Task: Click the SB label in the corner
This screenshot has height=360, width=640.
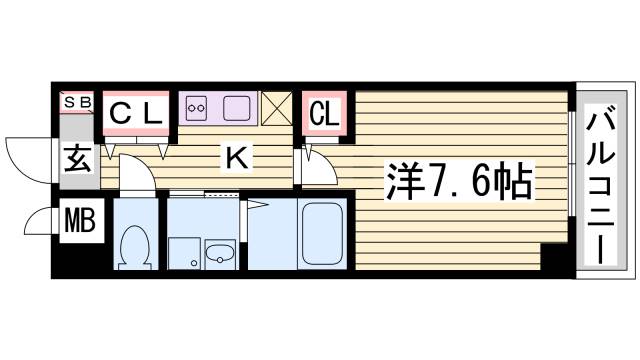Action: click(x=78, y=101)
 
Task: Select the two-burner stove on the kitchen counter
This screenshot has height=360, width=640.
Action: click(x=195, y=107)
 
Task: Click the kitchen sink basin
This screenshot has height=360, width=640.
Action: click(x=237, y=107)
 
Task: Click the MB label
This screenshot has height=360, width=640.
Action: click(x=77, y=219)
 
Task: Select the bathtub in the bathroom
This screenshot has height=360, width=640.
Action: click(x=321, y=236)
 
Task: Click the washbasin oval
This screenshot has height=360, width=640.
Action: click(x=219, y=255)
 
